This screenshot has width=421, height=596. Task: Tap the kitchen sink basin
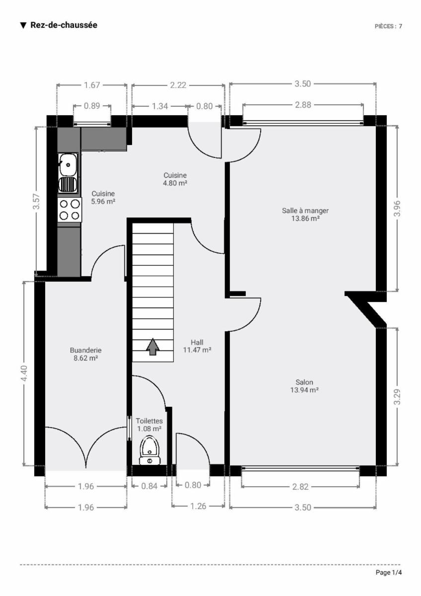coord(68,165)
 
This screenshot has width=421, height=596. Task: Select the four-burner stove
coord(70,210)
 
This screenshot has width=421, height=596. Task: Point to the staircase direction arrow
coord(152,347)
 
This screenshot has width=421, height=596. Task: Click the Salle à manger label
coord(305,215)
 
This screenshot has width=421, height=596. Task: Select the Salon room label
coord(304,386)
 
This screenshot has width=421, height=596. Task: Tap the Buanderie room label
coord(85,354)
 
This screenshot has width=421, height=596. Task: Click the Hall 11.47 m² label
coord(197,346)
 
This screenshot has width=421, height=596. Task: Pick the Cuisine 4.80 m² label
coord(175,179)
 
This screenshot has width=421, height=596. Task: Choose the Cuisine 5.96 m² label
coord(103,198)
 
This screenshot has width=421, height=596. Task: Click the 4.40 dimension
coord(24,373)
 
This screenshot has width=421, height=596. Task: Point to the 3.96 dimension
coord(397,209)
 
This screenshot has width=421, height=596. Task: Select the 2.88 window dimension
coord(303,105)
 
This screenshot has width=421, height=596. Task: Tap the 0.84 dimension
coord(149,486)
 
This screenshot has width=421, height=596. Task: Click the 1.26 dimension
coord(199,506)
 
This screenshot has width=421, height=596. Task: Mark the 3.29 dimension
coord(397,397)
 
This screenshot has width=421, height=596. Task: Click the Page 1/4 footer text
coord(389,572)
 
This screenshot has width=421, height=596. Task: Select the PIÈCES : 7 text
coord(388,26)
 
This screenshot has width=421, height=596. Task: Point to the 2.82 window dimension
coord(300,487)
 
